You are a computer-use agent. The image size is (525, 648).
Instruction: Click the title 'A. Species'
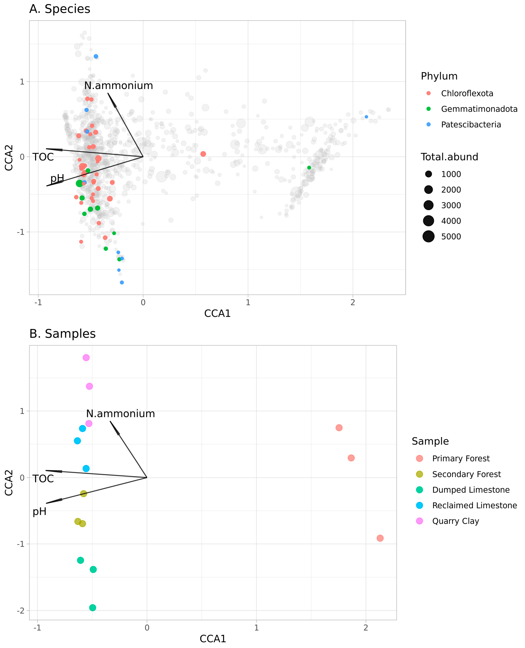pos(60,9)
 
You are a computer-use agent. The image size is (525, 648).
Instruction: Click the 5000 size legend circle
pos(429,236)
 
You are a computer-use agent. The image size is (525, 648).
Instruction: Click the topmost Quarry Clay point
pos(86,358)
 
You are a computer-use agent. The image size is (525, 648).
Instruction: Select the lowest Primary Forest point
pos(380,538)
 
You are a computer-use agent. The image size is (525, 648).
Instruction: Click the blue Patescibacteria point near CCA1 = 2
pos(366,117)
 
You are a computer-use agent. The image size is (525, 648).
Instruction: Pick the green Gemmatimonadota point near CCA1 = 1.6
pos(309,168)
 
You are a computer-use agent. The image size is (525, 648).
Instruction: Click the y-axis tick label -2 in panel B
pos(21,611)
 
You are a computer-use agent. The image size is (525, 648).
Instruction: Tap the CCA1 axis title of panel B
pos(213,639)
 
